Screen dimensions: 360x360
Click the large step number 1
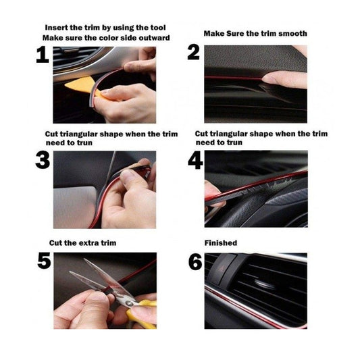click(43, 55)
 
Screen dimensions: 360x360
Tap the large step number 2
click(193, 53)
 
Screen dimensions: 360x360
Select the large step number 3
click(43, 160)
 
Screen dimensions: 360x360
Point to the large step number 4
click(195, 161)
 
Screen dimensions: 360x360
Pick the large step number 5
click(44, 261)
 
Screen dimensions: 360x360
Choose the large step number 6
click(195, 262)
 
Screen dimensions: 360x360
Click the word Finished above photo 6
click(221, 243)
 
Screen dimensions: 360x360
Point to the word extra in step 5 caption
click(88, 243)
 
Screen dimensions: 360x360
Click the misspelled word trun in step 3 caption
click(84, 143)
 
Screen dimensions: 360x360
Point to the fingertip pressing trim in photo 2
click(269, 79)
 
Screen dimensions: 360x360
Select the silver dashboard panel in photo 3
click(74, 207)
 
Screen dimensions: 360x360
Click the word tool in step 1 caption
click(158, 28)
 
